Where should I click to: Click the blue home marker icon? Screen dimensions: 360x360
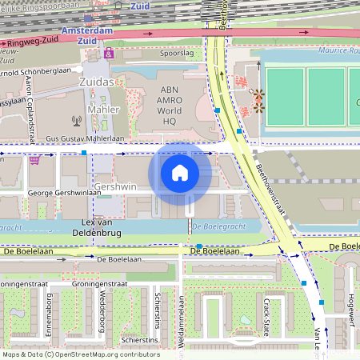point(180,172)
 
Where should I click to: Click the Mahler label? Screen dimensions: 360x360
point(104,110)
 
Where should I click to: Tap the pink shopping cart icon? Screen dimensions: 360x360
point(34,159)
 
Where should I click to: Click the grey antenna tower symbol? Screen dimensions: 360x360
point(77,122)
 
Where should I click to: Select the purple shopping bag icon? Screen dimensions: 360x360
point(109,54)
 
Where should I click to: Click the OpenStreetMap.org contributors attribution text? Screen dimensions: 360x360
point(108,354)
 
